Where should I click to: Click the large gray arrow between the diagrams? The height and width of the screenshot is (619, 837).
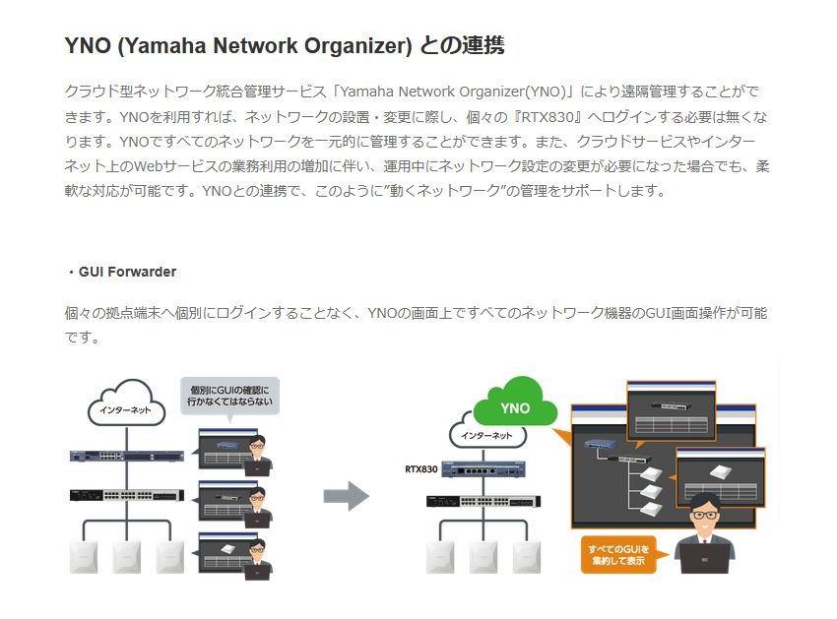346,496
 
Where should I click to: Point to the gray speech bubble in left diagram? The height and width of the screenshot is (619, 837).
229,398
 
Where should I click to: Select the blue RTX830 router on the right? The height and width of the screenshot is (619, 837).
486,469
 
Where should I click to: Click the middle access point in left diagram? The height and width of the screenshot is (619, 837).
127,556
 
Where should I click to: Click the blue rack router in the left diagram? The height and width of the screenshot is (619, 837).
127,456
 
